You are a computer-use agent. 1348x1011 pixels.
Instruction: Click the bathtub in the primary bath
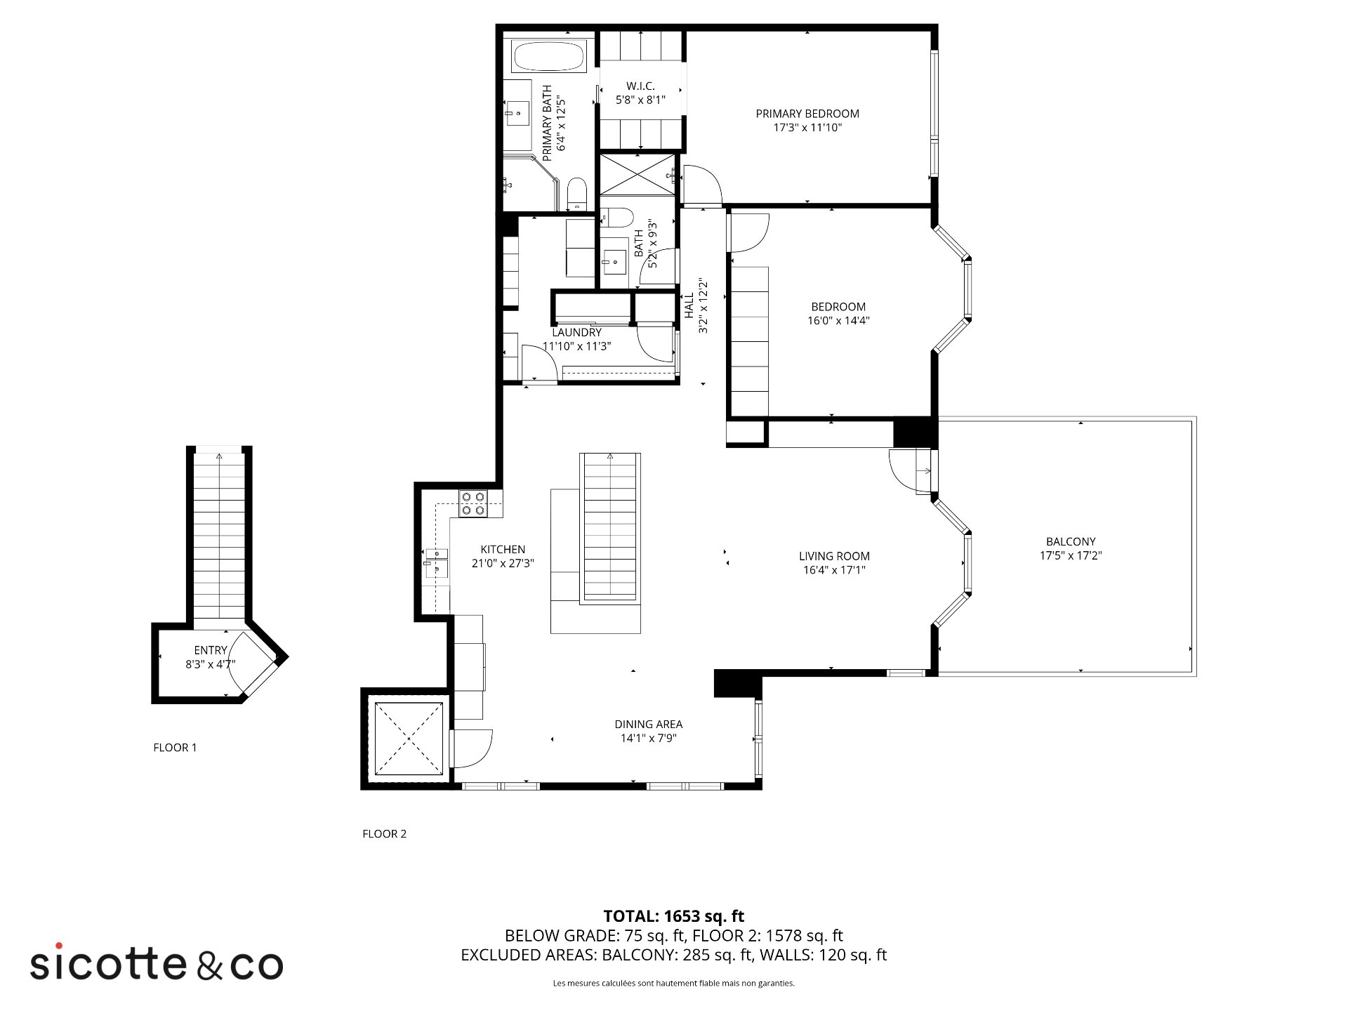pyautogui.click(x=548, y=56)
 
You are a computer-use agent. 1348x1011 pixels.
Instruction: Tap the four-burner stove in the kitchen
pyautogui.click(x=473, y=504)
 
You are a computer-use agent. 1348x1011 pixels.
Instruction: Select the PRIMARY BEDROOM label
pyautogui.click(x=807, y=114)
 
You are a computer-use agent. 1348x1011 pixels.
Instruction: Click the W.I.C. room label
pyautogui.click(x=640, y=86)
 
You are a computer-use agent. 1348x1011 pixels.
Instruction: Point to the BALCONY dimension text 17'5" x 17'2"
pyautogui.click(x=1071, y=556)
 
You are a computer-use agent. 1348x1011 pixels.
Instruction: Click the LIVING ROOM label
pyautogui.click(x=834, y=556)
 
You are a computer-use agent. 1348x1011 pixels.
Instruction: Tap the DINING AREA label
pyautogui.click(x=648, y=725)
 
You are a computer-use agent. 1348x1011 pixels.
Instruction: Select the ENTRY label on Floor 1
pyautogui.click(x=211, y=651)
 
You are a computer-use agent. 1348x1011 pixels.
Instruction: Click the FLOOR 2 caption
pyautogui.click(x=384, y=834)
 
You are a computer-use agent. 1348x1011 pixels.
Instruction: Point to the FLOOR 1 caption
pyautogui.click(x=175, y=748)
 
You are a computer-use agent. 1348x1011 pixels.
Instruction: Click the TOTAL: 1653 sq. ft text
pyautogui.click(x=674, y=916)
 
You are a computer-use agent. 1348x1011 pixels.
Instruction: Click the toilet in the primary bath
pyautogui.click(x=576, y=194)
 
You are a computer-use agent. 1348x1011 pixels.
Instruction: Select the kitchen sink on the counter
pyautogui.click(x=437, y=563)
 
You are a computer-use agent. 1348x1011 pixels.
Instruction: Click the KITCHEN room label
pyautogui.click(x=503, y=550)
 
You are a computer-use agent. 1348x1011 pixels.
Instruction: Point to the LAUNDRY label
pyautogui.click(x=576, y=333)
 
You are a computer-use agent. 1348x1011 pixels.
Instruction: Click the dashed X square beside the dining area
pyautogui.click(x=409, y=737)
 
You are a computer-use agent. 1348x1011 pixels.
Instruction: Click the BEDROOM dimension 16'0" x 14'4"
pyautogui.click(x=838, y=321)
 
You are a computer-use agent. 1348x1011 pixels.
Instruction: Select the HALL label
pyautogui.click(x=689, y=306)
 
